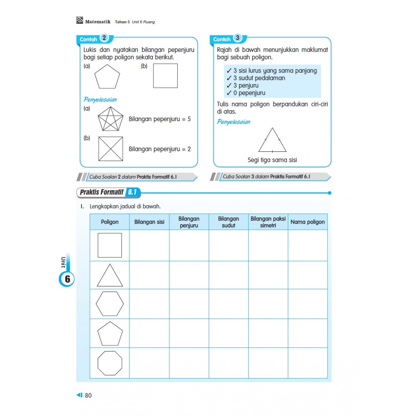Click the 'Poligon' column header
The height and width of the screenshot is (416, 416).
click(109, 222)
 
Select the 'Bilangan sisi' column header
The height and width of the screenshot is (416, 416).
click(149, 222)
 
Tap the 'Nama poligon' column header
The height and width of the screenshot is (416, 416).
click(307, 222)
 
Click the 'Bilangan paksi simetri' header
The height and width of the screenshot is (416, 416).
click(268, 222)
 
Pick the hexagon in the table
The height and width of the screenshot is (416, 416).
click(110, 304)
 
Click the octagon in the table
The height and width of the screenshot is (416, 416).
click(110, 363)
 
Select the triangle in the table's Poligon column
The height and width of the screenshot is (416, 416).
click(110, 276)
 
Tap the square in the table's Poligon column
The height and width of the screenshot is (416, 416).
click(110, 245)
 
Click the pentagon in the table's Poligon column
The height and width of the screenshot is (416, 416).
click(110, 334)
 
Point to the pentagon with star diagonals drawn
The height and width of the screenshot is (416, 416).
click(111, 119)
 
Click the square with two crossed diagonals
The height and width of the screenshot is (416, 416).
click(111, 149)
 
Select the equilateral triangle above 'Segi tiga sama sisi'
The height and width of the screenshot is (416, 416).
click(272, 141)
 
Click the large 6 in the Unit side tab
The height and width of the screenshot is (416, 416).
click(67, 279)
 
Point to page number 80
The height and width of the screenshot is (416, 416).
click(88, 395)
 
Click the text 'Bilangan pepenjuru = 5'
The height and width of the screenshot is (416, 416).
click(160, 119)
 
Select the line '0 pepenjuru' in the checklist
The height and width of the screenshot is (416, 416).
click(249, 93)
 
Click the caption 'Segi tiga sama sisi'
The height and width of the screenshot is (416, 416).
click(272, 160)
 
